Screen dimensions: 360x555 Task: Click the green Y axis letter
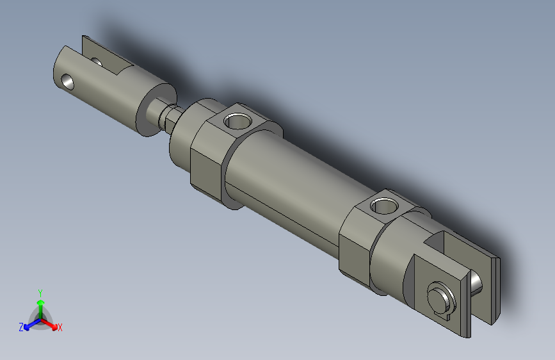tap(40, 291)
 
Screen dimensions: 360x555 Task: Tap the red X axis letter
tap(60, 327)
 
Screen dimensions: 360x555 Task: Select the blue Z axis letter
tap(21, 327)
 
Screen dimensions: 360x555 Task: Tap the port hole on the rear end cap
tap(383, 206)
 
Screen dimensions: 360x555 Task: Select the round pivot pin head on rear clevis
tap(439, 297)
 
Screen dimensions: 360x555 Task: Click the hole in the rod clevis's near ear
tap(67, 81)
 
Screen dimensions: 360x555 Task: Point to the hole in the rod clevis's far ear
tap(97, 62)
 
